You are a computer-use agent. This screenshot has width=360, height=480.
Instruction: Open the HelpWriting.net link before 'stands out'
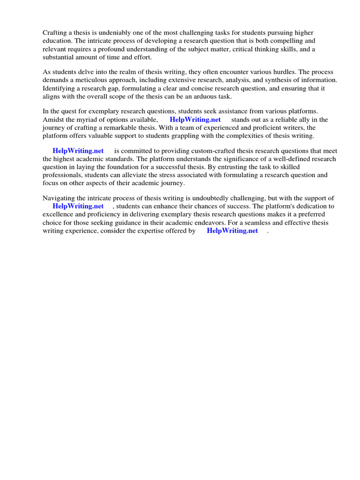pos(195,120)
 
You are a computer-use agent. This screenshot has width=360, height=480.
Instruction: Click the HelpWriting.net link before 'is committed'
pos(78,150)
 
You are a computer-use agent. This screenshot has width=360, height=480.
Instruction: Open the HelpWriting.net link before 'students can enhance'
pos(78,206)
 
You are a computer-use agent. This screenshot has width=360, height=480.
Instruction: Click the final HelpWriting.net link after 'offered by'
pos(232,231)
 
